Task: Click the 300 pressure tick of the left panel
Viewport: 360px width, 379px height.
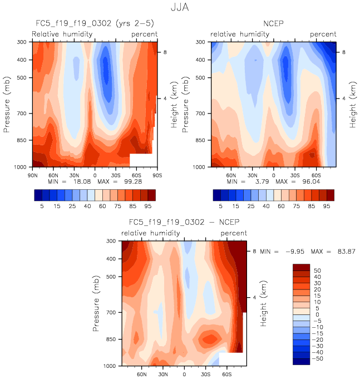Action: [x=22, y=42]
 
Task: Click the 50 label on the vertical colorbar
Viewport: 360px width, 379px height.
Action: [x=318, y=269]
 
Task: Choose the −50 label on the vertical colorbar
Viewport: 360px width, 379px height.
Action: [x=319, y=359]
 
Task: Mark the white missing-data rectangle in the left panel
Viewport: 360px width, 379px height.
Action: [x=142, y=160]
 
